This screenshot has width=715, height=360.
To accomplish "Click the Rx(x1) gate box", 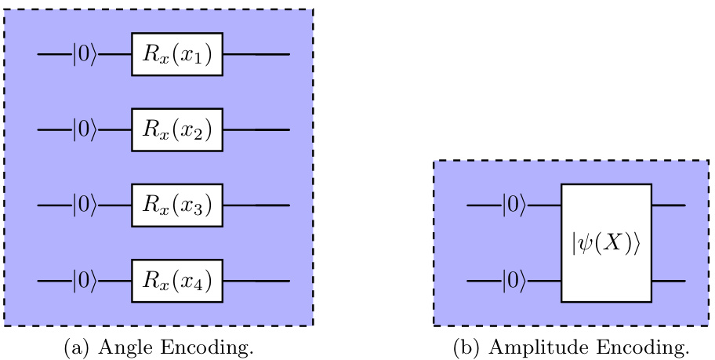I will tap(176, 54).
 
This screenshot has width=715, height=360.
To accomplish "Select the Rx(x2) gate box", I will tap(176, 129).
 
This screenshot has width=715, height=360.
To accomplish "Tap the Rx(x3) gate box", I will tap(176, 205).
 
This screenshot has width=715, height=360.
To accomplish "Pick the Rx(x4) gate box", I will tap(176, 281).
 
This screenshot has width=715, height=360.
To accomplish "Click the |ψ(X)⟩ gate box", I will tap(606, 243).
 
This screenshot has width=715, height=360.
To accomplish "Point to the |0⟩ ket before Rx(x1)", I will tap(85, 54).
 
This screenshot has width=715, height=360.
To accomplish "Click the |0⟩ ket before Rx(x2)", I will tap(85, 129).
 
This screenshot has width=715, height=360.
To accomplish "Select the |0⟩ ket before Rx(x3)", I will tap(85, 205).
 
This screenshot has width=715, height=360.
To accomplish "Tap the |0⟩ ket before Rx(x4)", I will tap(85, 281).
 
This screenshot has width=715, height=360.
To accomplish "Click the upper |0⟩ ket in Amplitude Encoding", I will tap(514, 205).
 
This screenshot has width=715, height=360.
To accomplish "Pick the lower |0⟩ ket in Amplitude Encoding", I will tap(514, 281).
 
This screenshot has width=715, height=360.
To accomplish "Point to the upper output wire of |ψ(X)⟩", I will tap(669, 205).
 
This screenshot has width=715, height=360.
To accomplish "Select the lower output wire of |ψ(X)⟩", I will tap(669, 281).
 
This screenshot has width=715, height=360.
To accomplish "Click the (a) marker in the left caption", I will tap(75, 347).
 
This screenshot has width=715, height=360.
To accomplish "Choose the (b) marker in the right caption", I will tap(466, 347).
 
